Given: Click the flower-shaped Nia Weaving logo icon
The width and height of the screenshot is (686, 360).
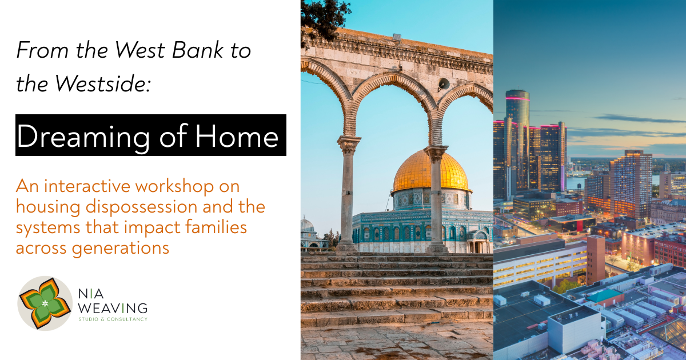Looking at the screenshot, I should click(x=45, y=303).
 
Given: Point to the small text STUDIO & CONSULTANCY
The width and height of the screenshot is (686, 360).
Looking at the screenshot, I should click(x=113, y=319).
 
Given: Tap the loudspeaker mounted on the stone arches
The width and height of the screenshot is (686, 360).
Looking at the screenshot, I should click(x=444, y=83).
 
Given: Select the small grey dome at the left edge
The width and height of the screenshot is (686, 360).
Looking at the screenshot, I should click(x=307, y=225).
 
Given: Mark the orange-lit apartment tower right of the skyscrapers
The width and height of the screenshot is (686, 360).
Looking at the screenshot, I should click(x=631, y=183).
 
